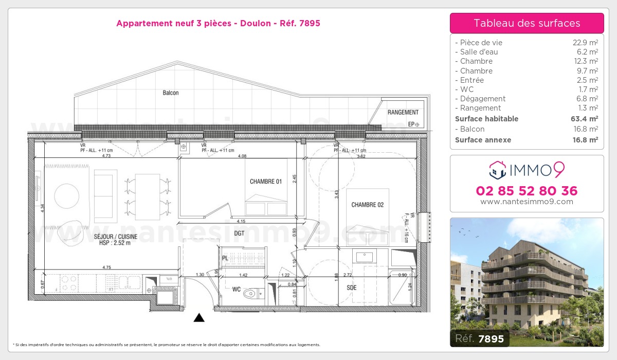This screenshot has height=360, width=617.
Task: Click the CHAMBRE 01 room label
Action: pyautogui.click(x=265, y=182)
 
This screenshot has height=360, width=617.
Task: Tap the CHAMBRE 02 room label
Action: pyautogui.click(x=367, y=205)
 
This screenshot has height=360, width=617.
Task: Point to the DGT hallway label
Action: pyautogui.click(x=239, y=233)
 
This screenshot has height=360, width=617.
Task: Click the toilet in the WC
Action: pyautogui.click(x=251, y=294)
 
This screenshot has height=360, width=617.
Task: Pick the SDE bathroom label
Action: pyautogui.click(x=351, y=288)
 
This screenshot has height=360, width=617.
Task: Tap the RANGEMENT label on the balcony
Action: pyautogui.click(x=403, y=113)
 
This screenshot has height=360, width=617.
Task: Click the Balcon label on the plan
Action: pyautogui.click(x=171, y=93)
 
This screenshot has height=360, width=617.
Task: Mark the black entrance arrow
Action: pyautogui.click(x=199, y=318)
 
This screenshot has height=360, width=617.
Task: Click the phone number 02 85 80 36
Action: pyautogui.click(x=527, y=191)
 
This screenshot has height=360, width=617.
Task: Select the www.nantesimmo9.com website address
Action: pyautogui.click(x=527, y=202)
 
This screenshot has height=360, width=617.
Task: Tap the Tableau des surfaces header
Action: pyautogui.click(x=527, y=23)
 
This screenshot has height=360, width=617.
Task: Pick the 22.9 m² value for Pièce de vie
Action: pyautogui.click(x=585, y=43)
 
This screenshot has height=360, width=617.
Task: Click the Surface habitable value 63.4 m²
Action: pyautogui.click(x=585, y=119)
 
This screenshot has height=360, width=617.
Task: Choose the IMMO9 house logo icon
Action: pyautogui.click(x=497, y=169)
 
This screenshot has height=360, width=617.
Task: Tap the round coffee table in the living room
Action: pyautogui.click(x=67, y=195)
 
